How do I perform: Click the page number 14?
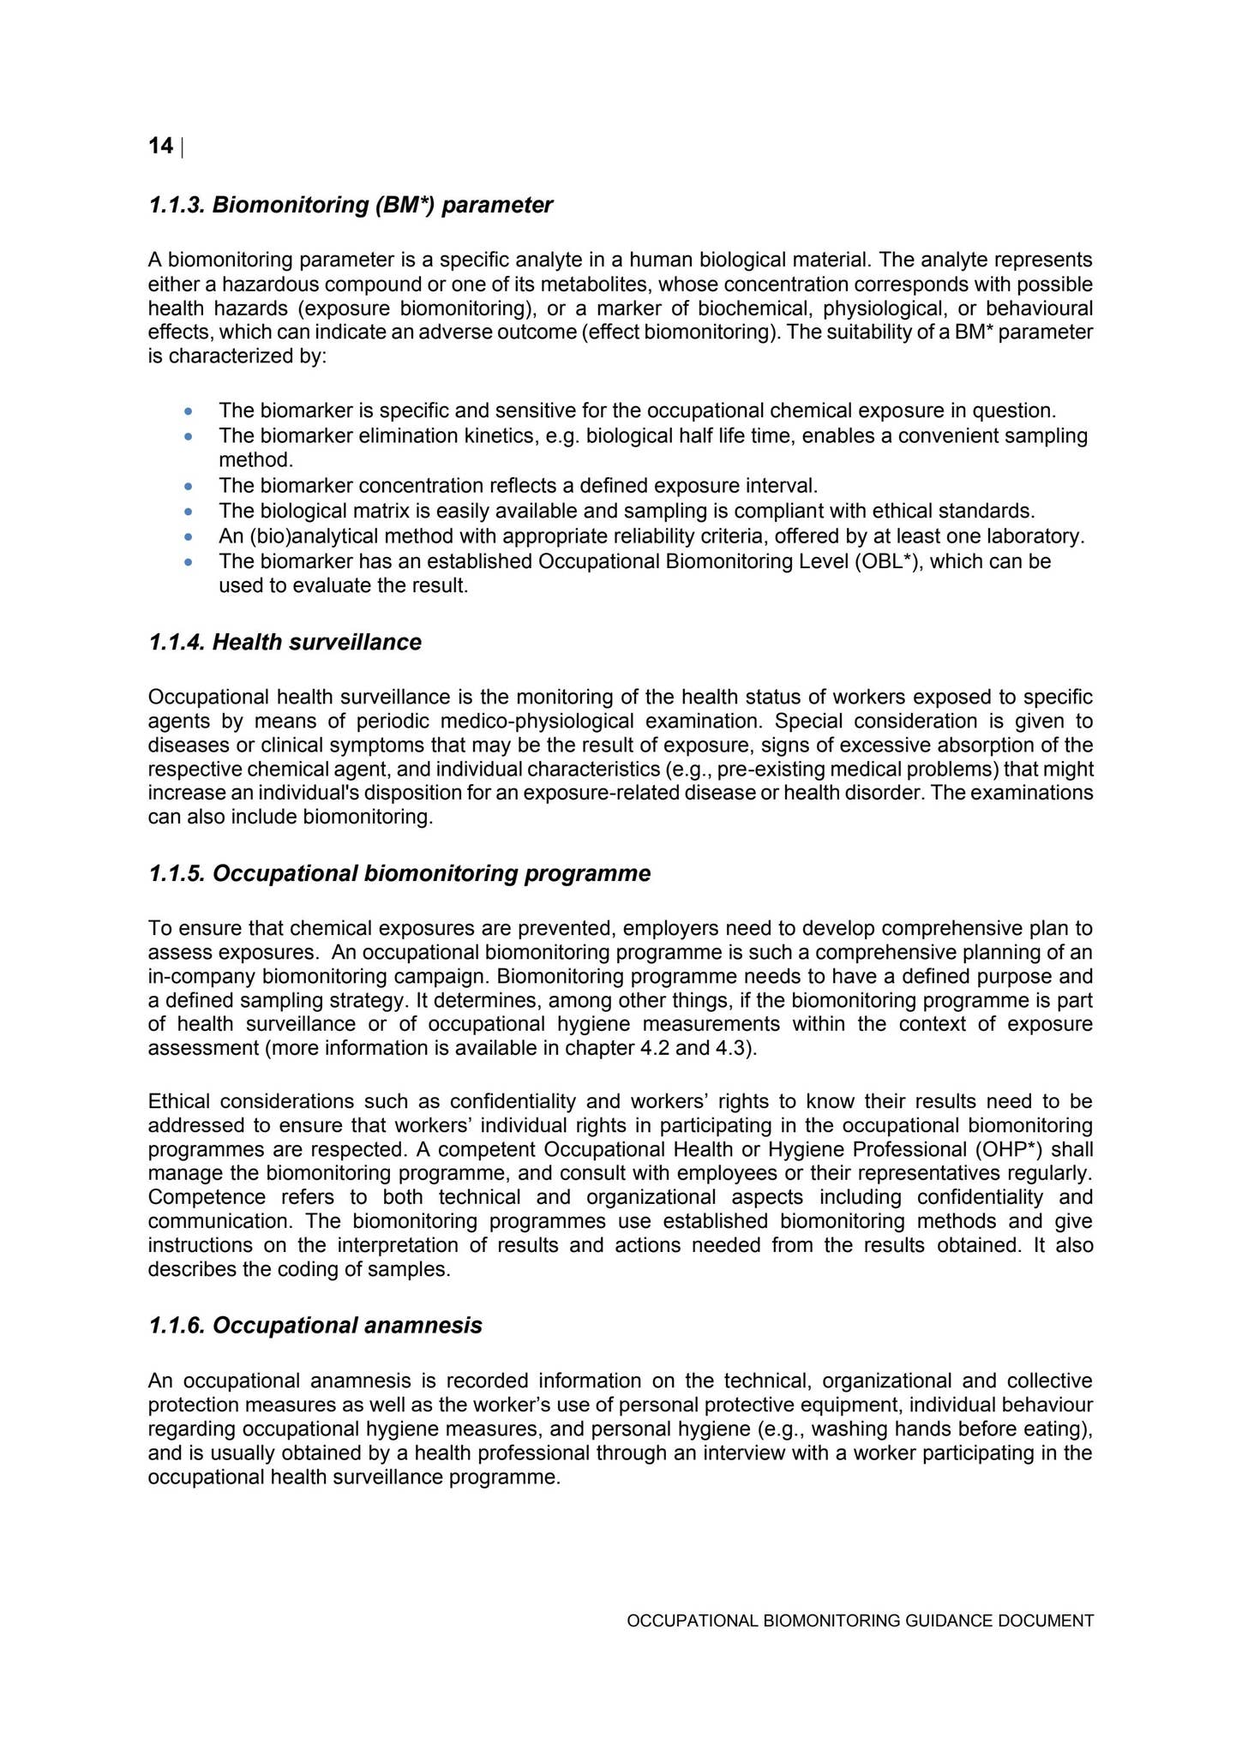point(160,147)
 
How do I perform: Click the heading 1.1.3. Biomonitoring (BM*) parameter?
point(350,206)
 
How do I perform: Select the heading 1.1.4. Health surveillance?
point(285,643)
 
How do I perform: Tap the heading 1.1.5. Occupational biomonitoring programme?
point(399,874)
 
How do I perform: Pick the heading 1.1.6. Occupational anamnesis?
point(315,1326)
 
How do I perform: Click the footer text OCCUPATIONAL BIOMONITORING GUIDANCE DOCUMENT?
point(860,1621)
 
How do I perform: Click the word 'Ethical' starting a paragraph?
point(178,1101)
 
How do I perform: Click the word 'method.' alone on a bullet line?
point(255,461)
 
